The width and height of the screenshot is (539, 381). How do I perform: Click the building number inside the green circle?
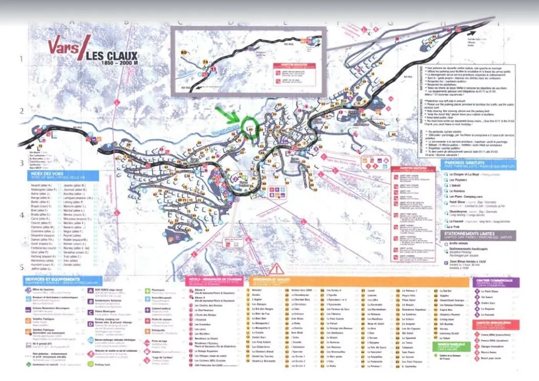(250, 130)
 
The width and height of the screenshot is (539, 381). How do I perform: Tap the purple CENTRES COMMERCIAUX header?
(496, 282)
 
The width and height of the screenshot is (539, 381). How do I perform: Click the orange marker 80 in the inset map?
(184, 52)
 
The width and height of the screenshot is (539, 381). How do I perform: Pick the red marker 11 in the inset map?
(210, 73)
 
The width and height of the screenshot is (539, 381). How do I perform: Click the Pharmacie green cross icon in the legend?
(148, 290)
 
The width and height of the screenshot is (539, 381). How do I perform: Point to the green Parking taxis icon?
(91, 365)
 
